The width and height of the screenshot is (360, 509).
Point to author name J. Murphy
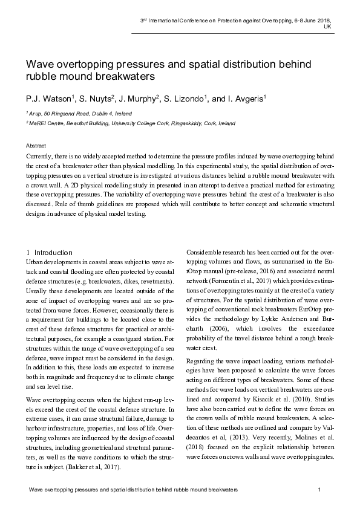140,98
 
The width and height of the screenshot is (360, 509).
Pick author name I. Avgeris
246,98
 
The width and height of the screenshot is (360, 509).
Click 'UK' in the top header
327,27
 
